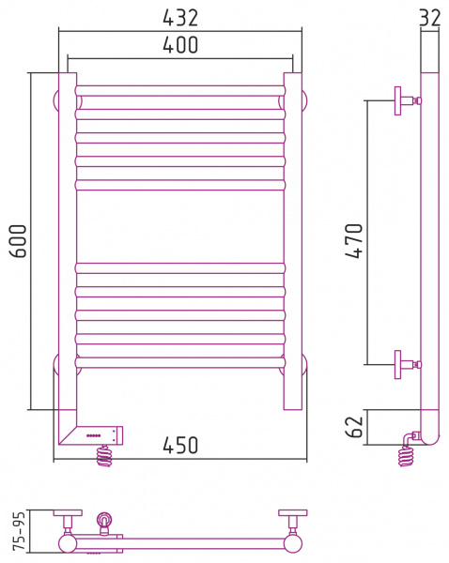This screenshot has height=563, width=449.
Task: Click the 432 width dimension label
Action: [x=180, y=18]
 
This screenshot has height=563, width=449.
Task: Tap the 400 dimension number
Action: [x=180, y=45]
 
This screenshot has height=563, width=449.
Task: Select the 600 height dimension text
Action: [x=18, y=241]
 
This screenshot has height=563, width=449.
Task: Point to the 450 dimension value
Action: [x=180, y=445]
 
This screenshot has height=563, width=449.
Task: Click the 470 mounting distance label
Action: [x=354, y=240]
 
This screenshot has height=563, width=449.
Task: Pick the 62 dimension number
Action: [x=354, y=427]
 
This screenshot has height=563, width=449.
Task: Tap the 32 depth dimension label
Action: [x=430, y=17]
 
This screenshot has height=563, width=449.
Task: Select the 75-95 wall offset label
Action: [x=19, y=531]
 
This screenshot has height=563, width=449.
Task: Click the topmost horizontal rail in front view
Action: [x=180, y=90]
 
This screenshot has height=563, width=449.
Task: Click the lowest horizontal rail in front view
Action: [x=180, y=362]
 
